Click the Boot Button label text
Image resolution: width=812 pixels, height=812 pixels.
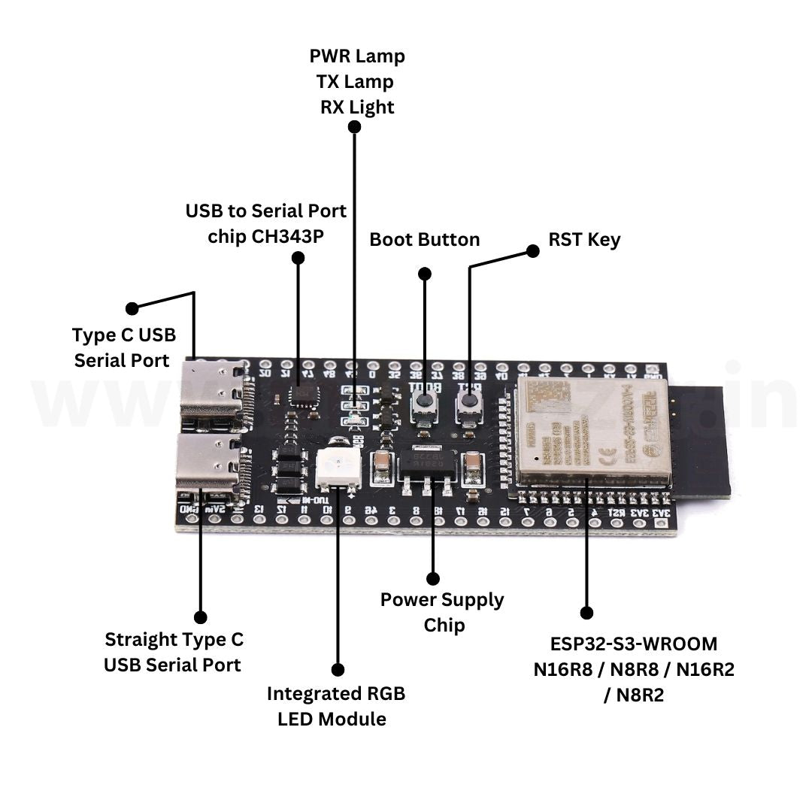point(424,240)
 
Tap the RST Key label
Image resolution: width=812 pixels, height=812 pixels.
point(584,240)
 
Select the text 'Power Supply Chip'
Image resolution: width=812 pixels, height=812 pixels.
point(442,612)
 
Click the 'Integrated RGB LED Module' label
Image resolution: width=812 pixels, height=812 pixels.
point(335,706)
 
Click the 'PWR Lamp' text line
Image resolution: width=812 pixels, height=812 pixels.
point(357,56)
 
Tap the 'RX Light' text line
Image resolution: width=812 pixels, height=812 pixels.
point(357,108)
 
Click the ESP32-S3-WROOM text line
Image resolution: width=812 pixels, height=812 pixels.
point(633,644)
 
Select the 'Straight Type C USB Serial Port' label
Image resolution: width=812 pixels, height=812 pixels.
point(174,652)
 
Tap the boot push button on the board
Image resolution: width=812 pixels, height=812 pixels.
point(425,404)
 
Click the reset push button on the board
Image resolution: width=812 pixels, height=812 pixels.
point(470,404)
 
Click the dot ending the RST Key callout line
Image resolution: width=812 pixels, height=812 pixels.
point(533,251)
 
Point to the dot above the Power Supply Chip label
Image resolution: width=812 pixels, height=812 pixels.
point(432,578)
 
